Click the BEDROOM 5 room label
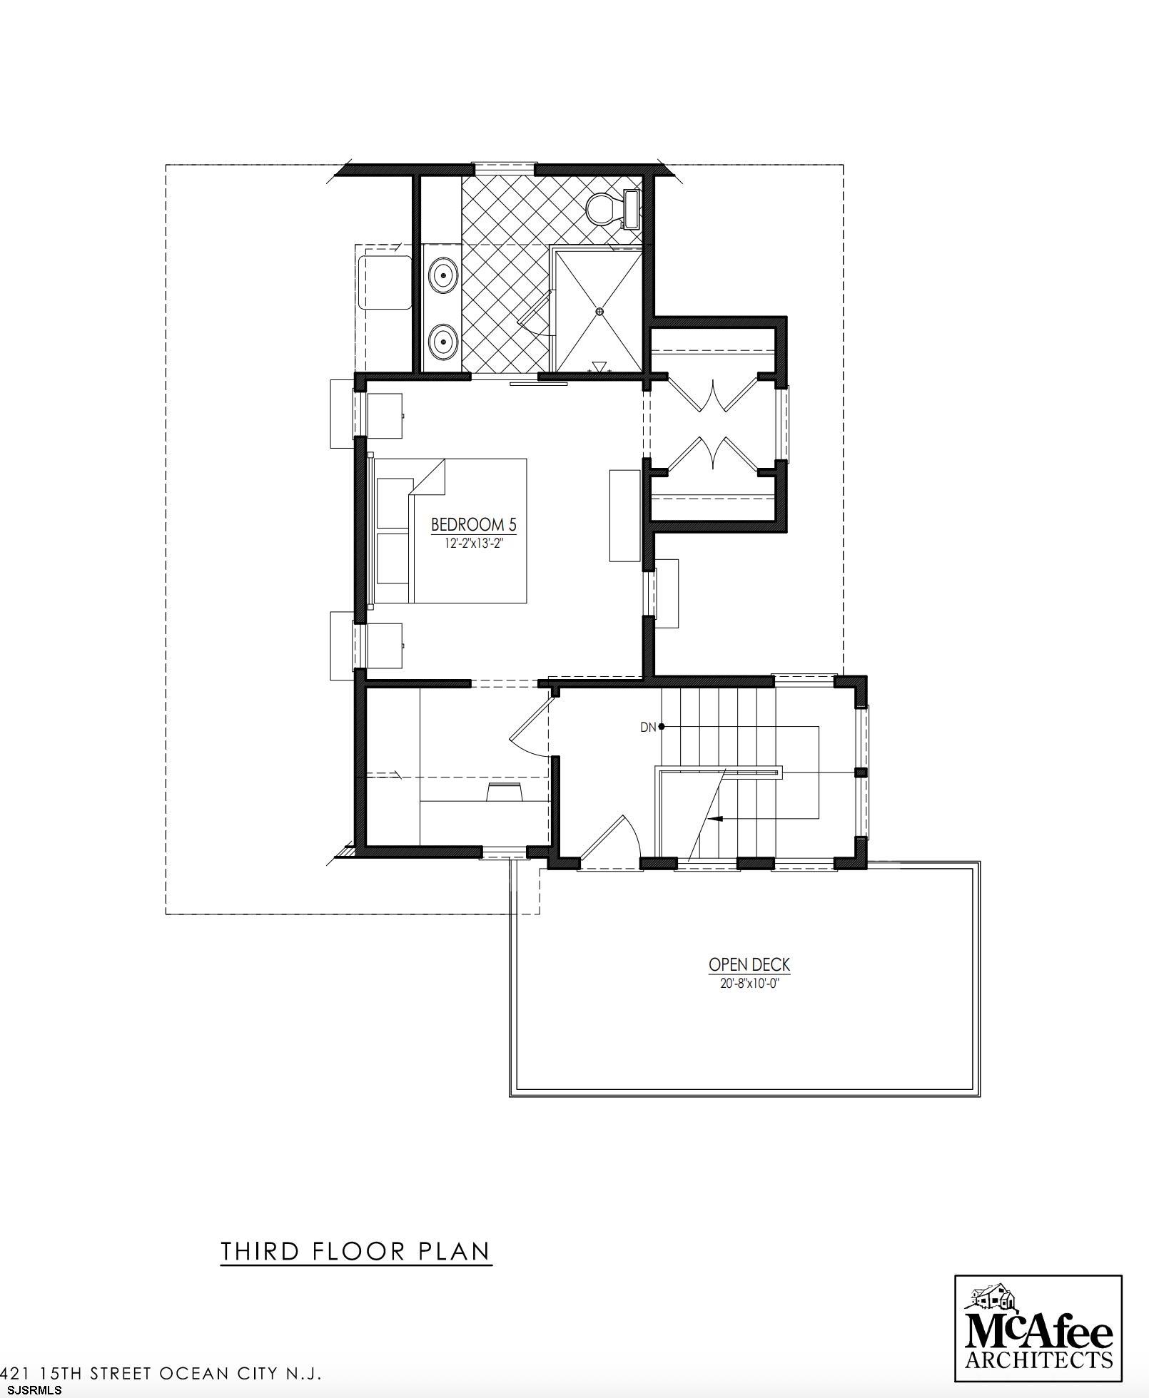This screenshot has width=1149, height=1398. [473, 525]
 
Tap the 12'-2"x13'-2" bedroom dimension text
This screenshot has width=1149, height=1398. [473, 544]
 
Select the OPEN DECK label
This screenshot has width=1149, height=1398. [749, 965]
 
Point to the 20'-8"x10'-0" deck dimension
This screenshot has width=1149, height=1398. [749, 983]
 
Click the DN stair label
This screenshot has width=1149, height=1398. [648, 728]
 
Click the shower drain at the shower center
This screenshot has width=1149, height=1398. [599, 311]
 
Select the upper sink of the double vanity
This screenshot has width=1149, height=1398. [443, 273]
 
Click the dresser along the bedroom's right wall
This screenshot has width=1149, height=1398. [624, 515]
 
